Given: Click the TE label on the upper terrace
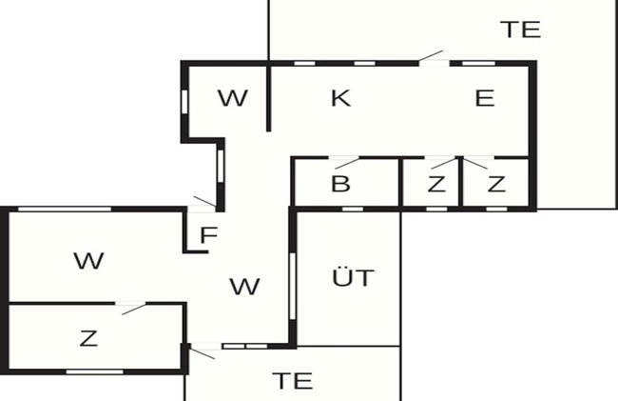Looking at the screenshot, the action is pyautogui.click(x=520, y=30).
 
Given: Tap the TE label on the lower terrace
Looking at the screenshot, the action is pyautogui.click(x=293, y=381).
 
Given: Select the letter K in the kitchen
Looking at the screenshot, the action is pyautogui.click(x=341, y=98).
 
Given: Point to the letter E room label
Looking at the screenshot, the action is pyautogui.click(x=484, y=98).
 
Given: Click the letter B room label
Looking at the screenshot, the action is pyautogui.click(x=340, y=184).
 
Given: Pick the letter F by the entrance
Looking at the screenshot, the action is pyautogui.click(x=209, y=235).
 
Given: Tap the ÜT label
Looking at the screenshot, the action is pyautogui.click(x=353, y=277).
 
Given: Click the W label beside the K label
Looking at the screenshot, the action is pyautogui.click(x=233, y=98).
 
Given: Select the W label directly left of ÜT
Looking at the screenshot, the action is pyautogui.click(x=244, y=287).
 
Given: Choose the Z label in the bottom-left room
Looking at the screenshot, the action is pyautogui.click(x=88, y=338).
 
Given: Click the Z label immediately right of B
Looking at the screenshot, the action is pyautogui.click(x=436, y=184).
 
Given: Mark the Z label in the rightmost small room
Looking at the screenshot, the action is pyautogui.click(x=496, y=184).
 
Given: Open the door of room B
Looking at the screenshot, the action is pyautogui.click(x=344, y=162).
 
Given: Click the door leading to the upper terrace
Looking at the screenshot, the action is pyautogui.click(x=433, y=57).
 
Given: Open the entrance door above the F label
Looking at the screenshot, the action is pyautogui.click(x=203, y=203).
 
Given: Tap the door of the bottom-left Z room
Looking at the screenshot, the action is pyautogui.click(x=131, y=308).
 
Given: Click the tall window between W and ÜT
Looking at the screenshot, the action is pyautogui.click(x=292, y=287).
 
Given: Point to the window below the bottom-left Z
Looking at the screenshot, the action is pyautogui.click(x=94, y=371).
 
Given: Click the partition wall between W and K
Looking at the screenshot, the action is pyautogui.click(x=268, y=97).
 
